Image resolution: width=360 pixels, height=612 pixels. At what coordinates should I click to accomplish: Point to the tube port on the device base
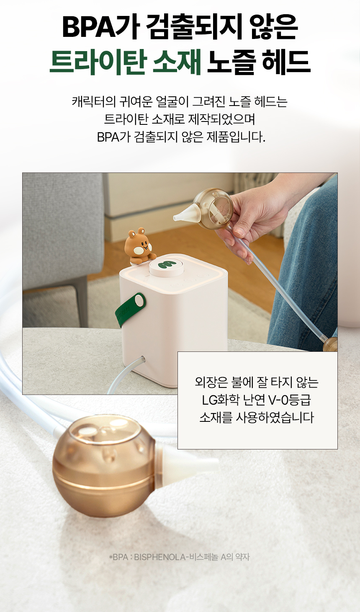click(142, 358)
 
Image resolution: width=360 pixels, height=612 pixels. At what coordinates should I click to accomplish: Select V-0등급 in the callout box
click(290, 400)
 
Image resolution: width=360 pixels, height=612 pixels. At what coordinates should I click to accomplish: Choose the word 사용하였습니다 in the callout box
click(274, 418)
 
